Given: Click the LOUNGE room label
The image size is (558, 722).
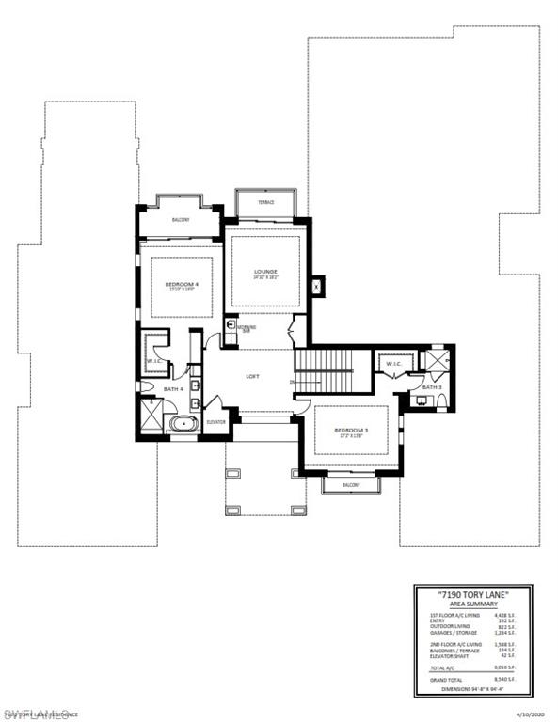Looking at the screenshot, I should (264, 273).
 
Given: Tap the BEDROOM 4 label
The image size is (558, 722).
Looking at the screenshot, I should (183, 284).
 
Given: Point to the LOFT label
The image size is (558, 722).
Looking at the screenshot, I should (252, 376).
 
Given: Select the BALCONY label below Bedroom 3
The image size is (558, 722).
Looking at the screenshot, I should (351, 485).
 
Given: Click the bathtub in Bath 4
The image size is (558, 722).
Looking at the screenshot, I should (183, 423).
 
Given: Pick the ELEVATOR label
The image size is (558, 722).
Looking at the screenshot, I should (215, 422).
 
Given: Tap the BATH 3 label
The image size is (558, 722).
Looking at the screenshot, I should (431, 387).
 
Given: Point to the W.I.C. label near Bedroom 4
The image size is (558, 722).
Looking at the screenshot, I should (154, 361).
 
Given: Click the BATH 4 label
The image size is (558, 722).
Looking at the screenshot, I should (172, 388).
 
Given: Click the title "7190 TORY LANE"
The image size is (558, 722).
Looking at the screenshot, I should (473, 595).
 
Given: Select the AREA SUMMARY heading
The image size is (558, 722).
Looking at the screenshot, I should (473, 604).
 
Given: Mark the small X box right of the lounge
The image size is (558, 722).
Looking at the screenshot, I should (316, 285).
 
